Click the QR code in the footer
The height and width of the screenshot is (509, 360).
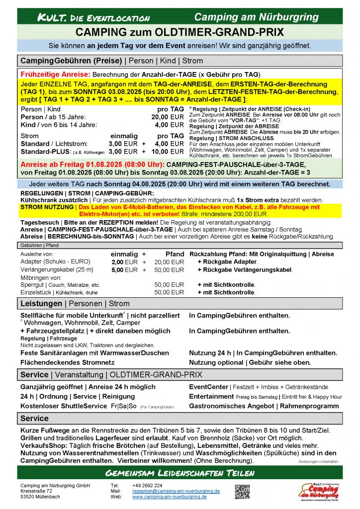(x=242, y=492)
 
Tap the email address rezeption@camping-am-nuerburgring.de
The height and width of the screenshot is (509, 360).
(x=176, y=491)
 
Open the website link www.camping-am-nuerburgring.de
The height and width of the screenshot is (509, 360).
(x=169, y=497)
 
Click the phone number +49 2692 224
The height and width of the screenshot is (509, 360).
(x=147, y=485)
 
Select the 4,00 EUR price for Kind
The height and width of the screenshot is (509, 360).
(x=169, y=124)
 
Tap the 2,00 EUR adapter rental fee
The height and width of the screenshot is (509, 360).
(x=124, y=262)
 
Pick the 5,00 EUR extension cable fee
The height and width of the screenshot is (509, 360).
(x=124, y=270)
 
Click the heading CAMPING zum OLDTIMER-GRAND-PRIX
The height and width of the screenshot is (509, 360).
(x=180, y=33)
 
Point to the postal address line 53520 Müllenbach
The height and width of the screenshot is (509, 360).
(x=41, y=497)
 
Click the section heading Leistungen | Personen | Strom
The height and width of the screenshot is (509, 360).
(x=75, y=303)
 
